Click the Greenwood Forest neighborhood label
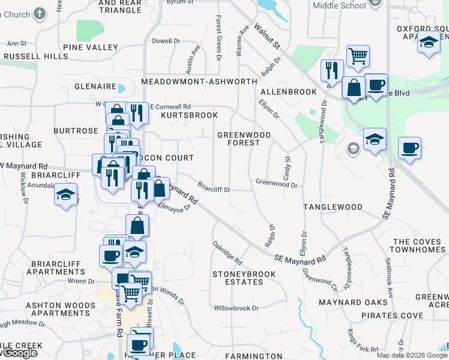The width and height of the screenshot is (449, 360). (244, 139)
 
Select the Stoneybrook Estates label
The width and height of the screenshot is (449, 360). (244, 278)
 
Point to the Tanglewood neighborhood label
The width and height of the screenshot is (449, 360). (333, 207)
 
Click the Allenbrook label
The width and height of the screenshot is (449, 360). (288, 92)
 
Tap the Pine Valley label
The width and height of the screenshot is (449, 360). (90, 47)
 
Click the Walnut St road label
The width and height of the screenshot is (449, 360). (267, 37)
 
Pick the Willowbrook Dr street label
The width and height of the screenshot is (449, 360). (236, 308)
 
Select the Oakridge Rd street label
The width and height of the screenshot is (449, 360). (227, 253)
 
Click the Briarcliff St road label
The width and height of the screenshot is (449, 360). (214, 189)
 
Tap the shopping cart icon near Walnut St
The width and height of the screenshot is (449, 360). (358, 56)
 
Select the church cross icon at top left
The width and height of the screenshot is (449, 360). (40, 13)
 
